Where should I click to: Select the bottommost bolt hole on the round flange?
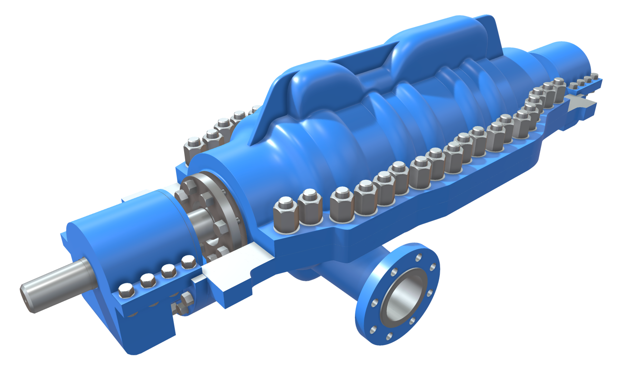pyautogui.click(x=389, y=336)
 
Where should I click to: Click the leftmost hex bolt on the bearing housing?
pyautogui.click(x=126, y=290)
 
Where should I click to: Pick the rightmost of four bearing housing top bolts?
pyautogui.click(x=188, y=262)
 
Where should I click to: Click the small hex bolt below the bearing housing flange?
pyautogui.click(x=187, y=299)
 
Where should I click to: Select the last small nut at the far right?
pyautogui.click(x=594, y=77)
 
